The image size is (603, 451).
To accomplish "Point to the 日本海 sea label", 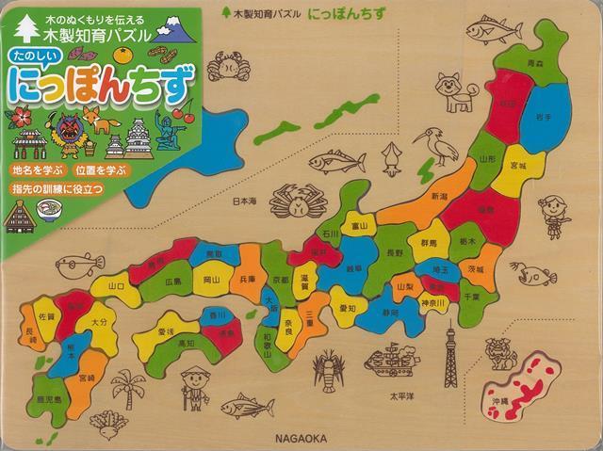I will (246, 200).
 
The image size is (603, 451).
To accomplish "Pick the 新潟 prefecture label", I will (439, 197).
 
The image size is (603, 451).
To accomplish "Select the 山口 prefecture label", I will (117, 285).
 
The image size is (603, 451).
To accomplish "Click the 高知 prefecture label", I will (187, 345).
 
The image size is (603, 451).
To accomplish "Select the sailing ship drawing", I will (392, 359).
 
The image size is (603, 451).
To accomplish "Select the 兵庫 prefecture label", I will (247, 279).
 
